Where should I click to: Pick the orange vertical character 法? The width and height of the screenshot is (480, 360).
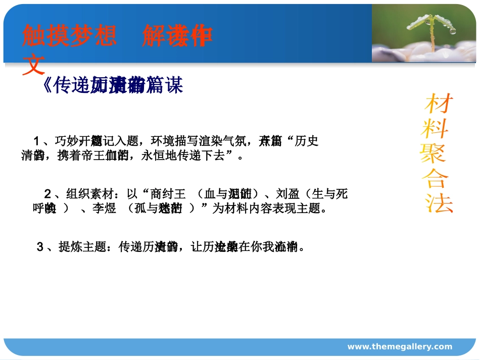coord(438,203)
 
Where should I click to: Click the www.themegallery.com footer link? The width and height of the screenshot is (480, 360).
coord(400,346)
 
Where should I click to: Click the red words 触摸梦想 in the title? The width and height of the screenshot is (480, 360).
coord(70,36)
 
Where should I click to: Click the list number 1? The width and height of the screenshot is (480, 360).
coord(36,140)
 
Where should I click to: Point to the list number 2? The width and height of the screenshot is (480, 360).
coord(47,194)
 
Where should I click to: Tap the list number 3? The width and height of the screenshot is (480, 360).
coord(40,247)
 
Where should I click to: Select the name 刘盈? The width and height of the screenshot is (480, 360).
coord(288,194)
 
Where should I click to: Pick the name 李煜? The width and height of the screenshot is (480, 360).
coord(104,208)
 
